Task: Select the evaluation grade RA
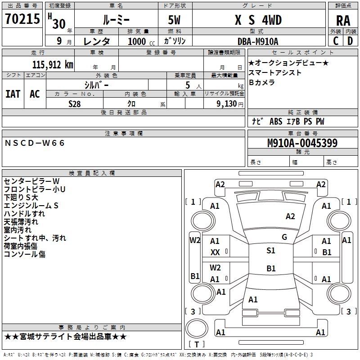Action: point(343,20)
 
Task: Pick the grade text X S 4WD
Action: point(258,20)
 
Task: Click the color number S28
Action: point(75,103)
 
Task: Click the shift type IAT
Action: point(13,94)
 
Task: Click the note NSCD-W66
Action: point(35,143)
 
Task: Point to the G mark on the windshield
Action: point(284,237)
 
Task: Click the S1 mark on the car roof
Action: point(271,251)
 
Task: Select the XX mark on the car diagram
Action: point(215,252)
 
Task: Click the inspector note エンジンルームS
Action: point(31,205)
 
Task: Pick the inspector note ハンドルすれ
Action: point(24,213)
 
